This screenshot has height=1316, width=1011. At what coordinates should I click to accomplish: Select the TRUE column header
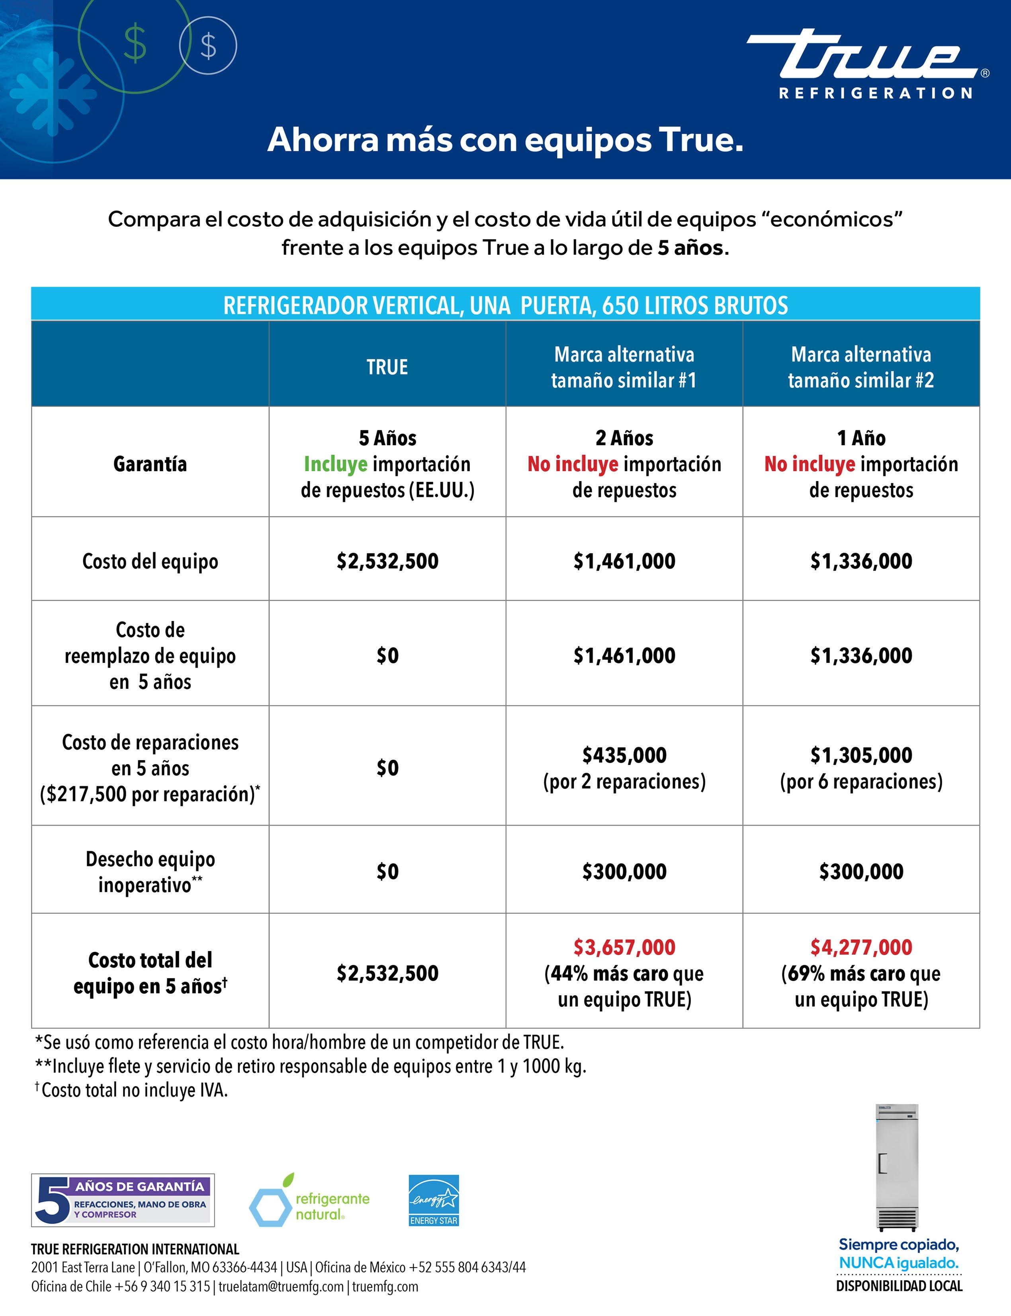click(x=387, y=367)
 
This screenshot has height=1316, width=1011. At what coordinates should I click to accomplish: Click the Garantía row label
click(x=150, y=464)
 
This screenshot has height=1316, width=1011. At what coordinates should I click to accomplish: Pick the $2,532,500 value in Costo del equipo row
click(x=387, y=561)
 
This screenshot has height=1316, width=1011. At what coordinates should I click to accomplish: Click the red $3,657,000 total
click(x=624, y=947)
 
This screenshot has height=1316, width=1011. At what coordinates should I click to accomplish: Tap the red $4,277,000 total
click(x=861, y=947)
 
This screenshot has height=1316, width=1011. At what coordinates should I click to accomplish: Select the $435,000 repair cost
click(x=624, y=755)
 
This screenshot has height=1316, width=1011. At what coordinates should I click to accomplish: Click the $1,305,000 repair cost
click(x=861, y=755)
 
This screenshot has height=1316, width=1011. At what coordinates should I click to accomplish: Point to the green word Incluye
click(x=335, y=464)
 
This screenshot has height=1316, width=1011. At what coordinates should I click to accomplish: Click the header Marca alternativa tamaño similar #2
click(x=861, y=367)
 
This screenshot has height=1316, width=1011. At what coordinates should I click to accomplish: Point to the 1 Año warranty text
click(x=861, y=438)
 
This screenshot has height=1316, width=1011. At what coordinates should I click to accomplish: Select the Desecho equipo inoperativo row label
click(x=150, y=871)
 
